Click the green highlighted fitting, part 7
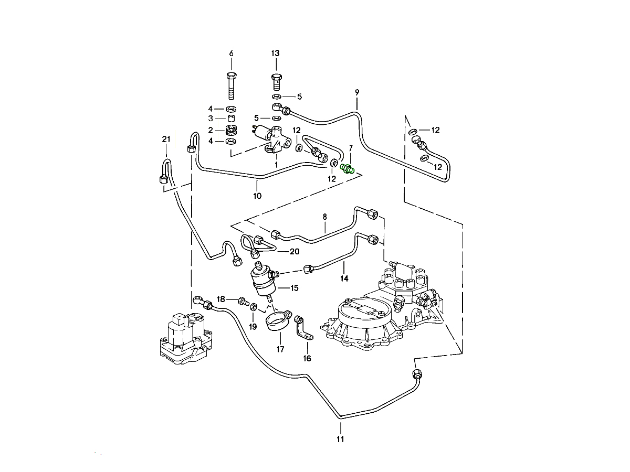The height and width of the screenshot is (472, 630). tap(348, 168)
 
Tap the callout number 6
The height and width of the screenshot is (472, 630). tap(231, 53)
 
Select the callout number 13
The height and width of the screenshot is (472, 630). tap(276, 53)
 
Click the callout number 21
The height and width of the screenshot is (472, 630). tap(166, 139)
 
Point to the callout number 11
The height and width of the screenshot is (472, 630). tap(340, 439)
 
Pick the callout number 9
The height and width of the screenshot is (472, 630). tap(357, 92)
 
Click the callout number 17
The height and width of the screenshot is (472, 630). tap(280, 349)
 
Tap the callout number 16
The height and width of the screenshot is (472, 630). tap(307, 359)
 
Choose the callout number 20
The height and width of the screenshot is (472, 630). tap(295, 252)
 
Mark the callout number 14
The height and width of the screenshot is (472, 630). tap(344, 278)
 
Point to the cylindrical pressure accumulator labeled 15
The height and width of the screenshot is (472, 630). tap(266, 281)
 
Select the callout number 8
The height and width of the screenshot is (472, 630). tap(324, 216)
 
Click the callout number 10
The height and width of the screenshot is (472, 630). tap(257, 196)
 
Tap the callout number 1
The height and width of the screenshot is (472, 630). tap(276, 164)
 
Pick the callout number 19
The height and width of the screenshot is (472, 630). tap(253, 326)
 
